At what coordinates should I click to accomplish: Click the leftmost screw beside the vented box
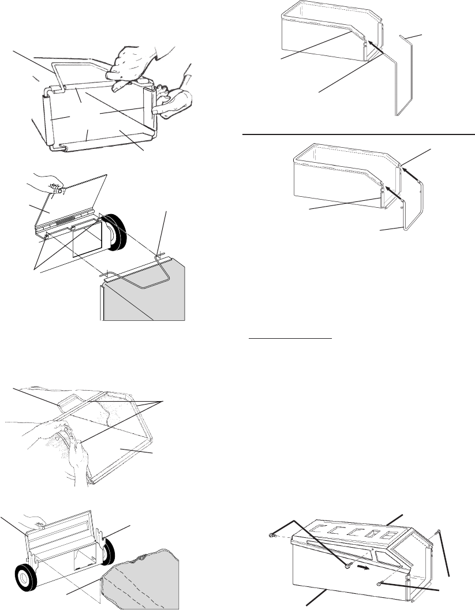[271, 536]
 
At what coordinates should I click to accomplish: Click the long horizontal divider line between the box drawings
[358, 133]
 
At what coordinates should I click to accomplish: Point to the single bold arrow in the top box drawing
[374, 46]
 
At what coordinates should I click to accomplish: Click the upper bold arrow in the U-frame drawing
[407, 171]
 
